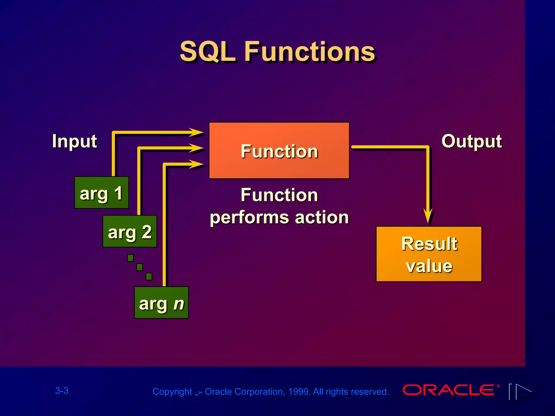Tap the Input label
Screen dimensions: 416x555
(75, 141)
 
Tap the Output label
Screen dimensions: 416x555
(472, 141)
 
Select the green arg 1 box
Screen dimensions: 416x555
(101, 193)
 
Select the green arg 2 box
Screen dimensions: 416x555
(130, 231)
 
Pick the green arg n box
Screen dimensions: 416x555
(161, 303)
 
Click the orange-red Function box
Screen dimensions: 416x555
(279, 150)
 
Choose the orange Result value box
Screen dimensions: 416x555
(429, 254)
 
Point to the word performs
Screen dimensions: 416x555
(249, 217)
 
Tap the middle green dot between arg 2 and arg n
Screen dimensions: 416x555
(140, 267)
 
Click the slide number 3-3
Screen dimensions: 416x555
(62, 391)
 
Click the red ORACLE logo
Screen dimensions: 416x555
(448, 390)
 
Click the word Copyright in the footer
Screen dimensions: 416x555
(172, 392)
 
